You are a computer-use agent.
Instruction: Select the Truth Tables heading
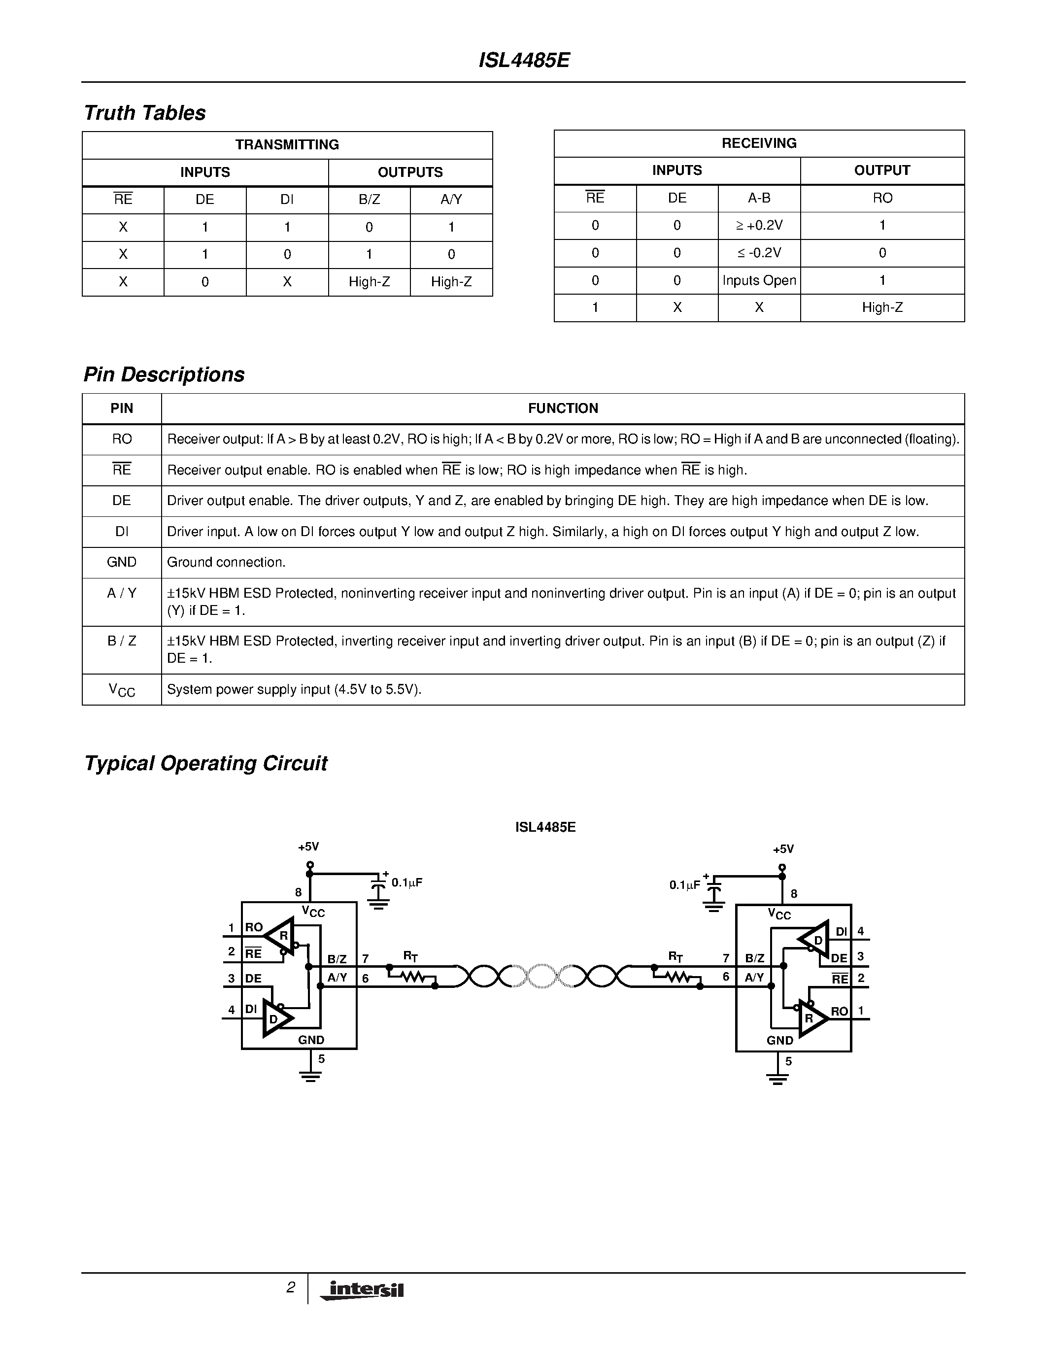(x=144, y=113)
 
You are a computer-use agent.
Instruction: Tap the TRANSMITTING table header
(x=287, y=144)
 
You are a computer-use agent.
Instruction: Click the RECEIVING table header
(x=759, y=143)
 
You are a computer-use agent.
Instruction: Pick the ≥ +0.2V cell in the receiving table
(x=759, y=225)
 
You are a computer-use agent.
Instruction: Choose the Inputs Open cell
(x=759, y=280)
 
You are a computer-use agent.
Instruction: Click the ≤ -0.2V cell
(x=759, y=252)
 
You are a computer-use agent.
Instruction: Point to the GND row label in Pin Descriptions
(x=122, y=562)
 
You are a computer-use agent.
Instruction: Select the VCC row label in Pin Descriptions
(x=122, y=690)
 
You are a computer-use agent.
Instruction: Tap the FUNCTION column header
(x=563, y=408)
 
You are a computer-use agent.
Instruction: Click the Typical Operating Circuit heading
(x=205, y=763)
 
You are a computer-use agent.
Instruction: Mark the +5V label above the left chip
(x=308, y=846)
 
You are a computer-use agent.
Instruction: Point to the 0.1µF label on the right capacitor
(x=684, y=885)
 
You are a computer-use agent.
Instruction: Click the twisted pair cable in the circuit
(x=543, y=976)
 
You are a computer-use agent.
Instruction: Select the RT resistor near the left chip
(x=411, y=977)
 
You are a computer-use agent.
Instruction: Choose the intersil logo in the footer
(x=363, y=1290)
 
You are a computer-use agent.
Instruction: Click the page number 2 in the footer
(x=290, y=1287)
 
